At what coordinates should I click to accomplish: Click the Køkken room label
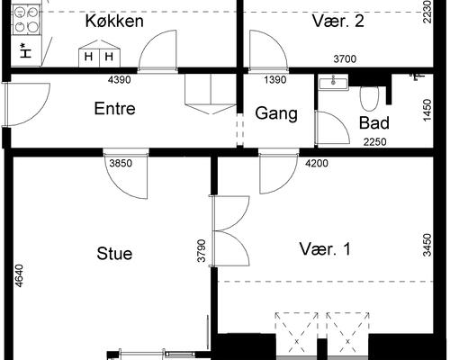point(114,21)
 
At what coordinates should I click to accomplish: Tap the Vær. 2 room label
point(337,21)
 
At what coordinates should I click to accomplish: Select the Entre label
point(114,109)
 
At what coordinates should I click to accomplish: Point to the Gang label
point(271,113)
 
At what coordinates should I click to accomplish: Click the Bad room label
point(373,122)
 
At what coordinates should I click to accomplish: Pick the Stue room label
point(114,254)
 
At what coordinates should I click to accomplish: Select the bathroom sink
point(336,83)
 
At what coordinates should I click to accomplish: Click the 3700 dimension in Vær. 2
point(345,59)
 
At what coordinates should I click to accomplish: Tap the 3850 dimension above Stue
point(121,164)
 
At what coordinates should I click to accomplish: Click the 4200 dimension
point(316,164)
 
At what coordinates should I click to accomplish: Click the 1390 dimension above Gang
point(274,80)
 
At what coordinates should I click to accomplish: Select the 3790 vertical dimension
point(202,248)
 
